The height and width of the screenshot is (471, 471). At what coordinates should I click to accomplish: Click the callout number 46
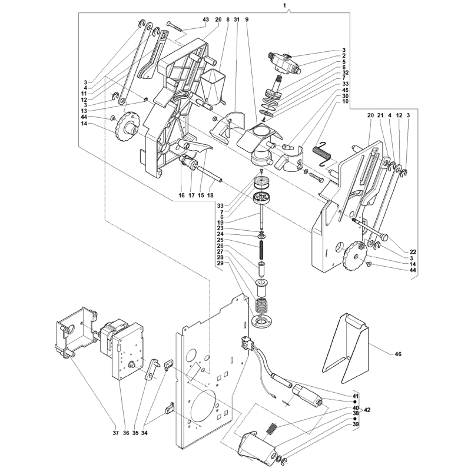(398, 354)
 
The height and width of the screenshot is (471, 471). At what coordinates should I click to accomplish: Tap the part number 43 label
(205, 19)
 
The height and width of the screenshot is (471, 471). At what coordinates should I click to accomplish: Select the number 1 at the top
(284, 5)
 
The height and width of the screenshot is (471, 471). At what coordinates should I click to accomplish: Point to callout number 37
(116, 433)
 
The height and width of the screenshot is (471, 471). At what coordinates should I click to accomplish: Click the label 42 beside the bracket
(367, 410)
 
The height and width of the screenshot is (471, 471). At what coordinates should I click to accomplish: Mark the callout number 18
(210, 195)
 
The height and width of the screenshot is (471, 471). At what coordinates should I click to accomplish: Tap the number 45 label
(345, 90)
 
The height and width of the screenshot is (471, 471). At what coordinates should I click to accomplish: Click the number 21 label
(380, 115)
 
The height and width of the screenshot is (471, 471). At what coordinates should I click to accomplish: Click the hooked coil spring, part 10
(322, 152)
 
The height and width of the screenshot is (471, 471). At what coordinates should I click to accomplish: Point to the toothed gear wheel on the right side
(354, 256)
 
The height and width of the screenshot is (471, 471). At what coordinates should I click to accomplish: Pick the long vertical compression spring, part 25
(261, 250)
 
